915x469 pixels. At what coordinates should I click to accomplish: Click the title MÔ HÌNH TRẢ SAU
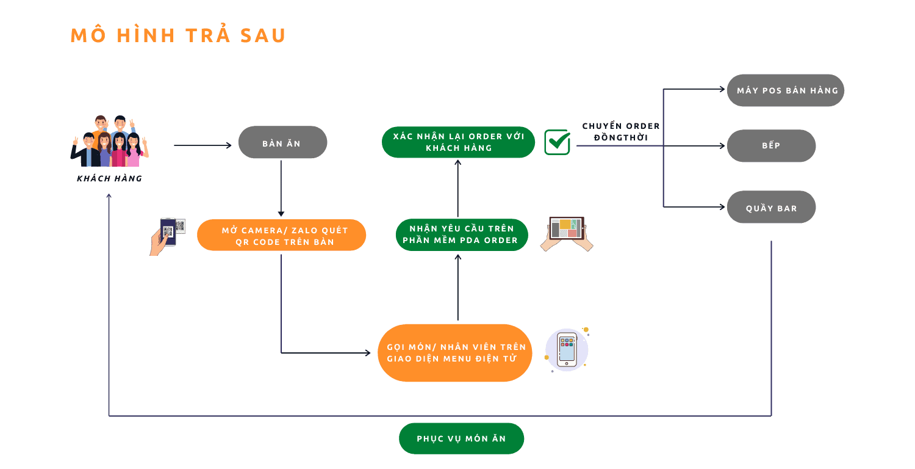tap(178, 35)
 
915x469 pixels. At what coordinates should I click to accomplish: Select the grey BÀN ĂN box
tap(282, 142)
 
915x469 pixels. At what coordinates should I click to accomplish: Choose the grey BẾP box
tap(771, 146)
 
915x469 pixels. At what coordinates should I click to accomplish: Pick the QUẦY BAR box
tap(771, 208)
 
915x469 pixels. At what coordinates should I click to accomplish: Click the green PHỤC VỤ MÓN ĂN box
tap(461, 438)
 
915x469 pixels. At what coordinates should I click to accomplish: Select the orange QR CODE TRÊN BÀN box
tap(281, 235)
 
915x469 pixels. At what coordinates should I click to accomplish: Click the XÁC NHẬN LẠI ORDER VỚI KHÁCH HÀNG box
tap(458, 142)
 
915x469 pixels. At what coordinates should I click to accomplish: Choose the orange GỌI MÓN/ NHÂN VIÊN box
tap(456, 353)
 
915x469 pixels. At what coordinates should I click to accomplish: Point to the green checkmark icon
tap(557, 142)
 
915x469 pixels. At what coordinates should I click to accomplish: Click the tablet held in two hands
tap(567, 233)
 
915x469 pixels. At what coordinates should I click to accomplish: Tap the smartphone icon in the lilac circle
tap(567, 350)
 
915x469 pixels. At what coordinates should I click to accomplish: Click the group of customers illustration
tap(110, 142)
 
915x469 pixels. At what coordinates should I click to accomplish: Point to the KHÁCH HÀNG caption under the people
tap(110, 178)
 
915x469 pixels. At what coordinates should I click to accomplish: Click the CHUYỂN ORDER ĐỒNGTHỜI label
tap(621, 132)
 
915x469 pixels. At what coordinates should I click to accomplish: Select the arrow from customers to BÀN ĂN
tap(203, 145)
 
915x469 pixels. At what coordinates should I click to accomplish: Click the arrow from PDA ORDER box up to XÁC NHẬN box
tap(458, 188)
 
